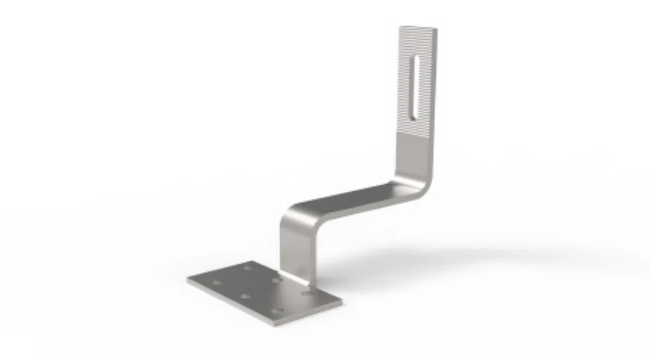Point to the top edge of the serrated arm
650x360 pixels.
[418, 28]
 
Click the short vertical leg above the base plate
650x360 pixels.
[295, 250]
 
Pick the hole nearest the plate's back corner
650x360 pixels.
[247, 268]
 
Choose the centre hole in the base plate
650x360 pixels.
[246, 296]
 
